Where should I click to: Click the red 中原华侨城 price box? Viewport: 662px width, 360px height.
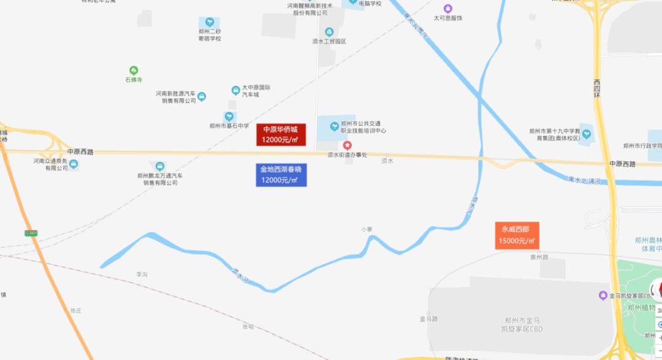coord(280,134)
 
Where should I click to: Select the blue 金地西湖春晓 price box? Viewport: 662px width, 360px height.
coord(281,175)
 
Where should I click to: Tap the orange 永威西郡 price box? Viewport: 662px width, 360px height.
coord(517,235)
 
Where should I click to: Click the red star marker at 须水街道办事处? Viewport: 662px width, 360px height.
coord(347,145)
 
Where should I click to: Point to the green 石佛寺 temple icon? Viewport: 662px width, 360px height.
coord(134,71)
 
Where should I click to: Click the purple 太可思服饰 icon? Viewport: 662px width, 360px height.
coord(448,9)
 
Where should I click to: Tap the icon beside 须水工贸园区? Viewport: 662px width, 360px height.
coord(329,32)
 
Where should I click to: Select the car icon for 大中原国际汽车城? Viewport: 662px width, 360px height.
coord(235,91)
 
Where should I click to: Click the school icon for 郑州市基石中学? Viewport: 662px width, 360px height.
coord(229,116)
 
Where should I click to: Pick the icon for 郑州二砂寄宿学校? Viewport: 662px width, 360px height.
coord(209,22)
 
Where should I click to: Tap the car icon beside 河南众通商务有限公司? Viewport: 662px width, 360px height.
coord(74,164)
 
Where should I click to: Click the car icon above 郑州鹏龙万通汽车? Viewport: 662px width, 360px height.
coord(159,166)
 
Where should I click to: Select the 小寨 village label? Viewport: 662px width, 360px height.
coord(367,229)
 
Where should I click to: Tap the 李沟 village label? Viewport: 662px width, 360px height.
coord(142,274)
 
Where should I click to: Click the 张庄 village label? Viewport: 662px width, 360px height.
coord(76,310)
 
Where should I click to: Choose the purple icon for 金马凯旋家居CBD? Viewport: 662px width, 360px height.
coord(603,296)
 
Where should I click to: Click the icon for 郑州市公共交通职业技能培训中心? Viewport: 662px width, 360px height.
coord(334,127)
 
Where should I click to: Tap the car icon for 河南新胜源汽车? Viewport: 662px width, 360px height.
coord(202,96)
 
